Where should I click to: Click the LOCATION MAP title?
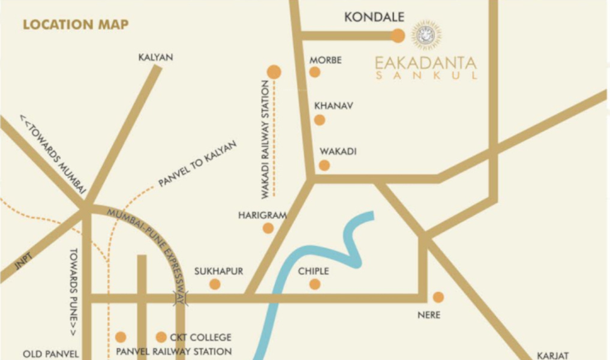76,25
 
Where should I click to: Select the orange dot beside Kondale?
398,35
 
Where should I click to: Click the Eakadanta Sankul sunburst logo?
426,35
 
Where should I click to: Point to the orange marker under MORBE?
315,72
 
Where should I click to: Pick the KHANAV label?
333,106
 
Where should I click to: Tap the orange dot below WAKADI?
324,165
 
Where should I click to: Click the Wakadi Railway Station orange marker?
274,72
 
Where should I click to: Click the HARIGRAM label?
262,215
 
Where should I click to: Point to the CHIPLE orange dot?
315,284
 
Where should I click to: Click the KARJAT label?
552,355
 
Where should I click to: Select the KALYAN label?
155,58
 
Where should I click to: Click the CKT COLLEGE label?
200,338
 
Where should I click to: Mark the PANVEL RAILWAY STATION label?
174,352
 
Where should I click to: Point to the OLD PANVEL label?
50,354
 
